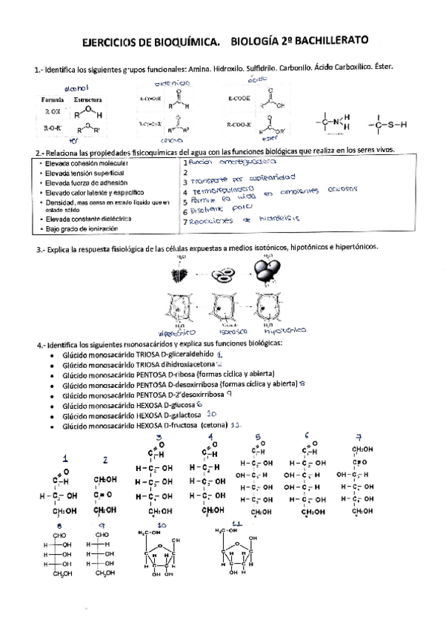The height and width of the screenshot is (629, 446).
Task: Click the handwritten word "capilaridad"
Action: click(271, 178)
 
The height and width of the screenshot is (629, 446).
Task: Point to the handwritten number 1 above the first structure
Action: click(65, 458)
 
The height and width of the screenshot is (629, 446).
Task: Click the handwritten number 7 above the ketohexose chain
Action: click(359, 437)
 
